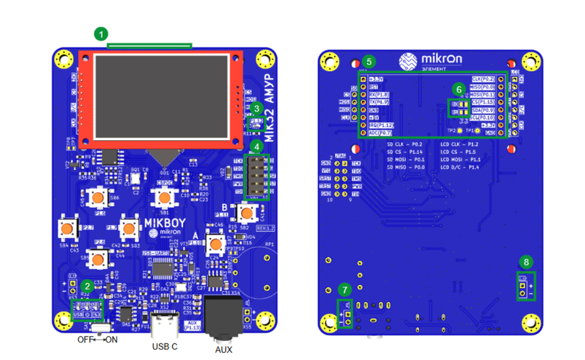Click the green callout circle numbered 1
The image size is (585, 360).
101,32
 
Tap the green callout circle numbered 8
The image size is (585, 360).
525,261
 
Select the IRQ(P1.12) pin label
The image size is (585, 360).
381,125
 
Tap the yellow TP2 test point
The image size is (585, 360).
460,131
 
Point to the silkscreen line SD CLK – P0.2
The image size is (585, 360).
406,145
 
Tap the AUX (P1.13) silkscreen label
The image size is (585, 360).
191,325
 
